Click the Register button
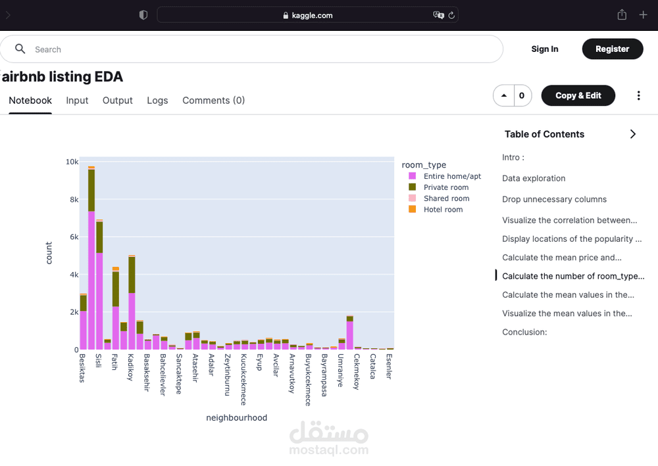tap(612, 49)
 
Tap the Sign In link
tap(544, 49)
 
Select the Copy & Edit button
tap(578, 95)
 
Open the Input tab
tap(77, 101)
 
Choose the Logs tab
tap(157, 101)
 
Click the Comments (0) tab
tap(213, 101)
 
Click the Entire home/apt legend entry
tap(452, 176)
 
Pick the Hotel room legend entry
tap(443, 210)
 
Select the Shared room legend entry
tap(446, 198)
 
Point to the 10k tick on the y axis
tap(72, 162)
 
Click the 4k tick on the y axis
tap(74, 275)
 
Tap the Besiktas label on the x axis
tap(82, 368)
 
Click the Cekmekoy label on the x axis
tap(356, 372)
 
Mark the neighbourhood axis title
tap(236, 418)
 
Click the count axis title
tap(49, 253)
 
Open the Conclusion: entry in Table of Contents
tap(524, 332)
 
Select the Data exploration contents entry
tap(534, 178)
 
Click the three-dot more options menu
tap(638, 96)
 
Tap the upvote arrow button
tap(504, 96)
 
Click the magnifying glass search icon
tap(20, 49)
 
